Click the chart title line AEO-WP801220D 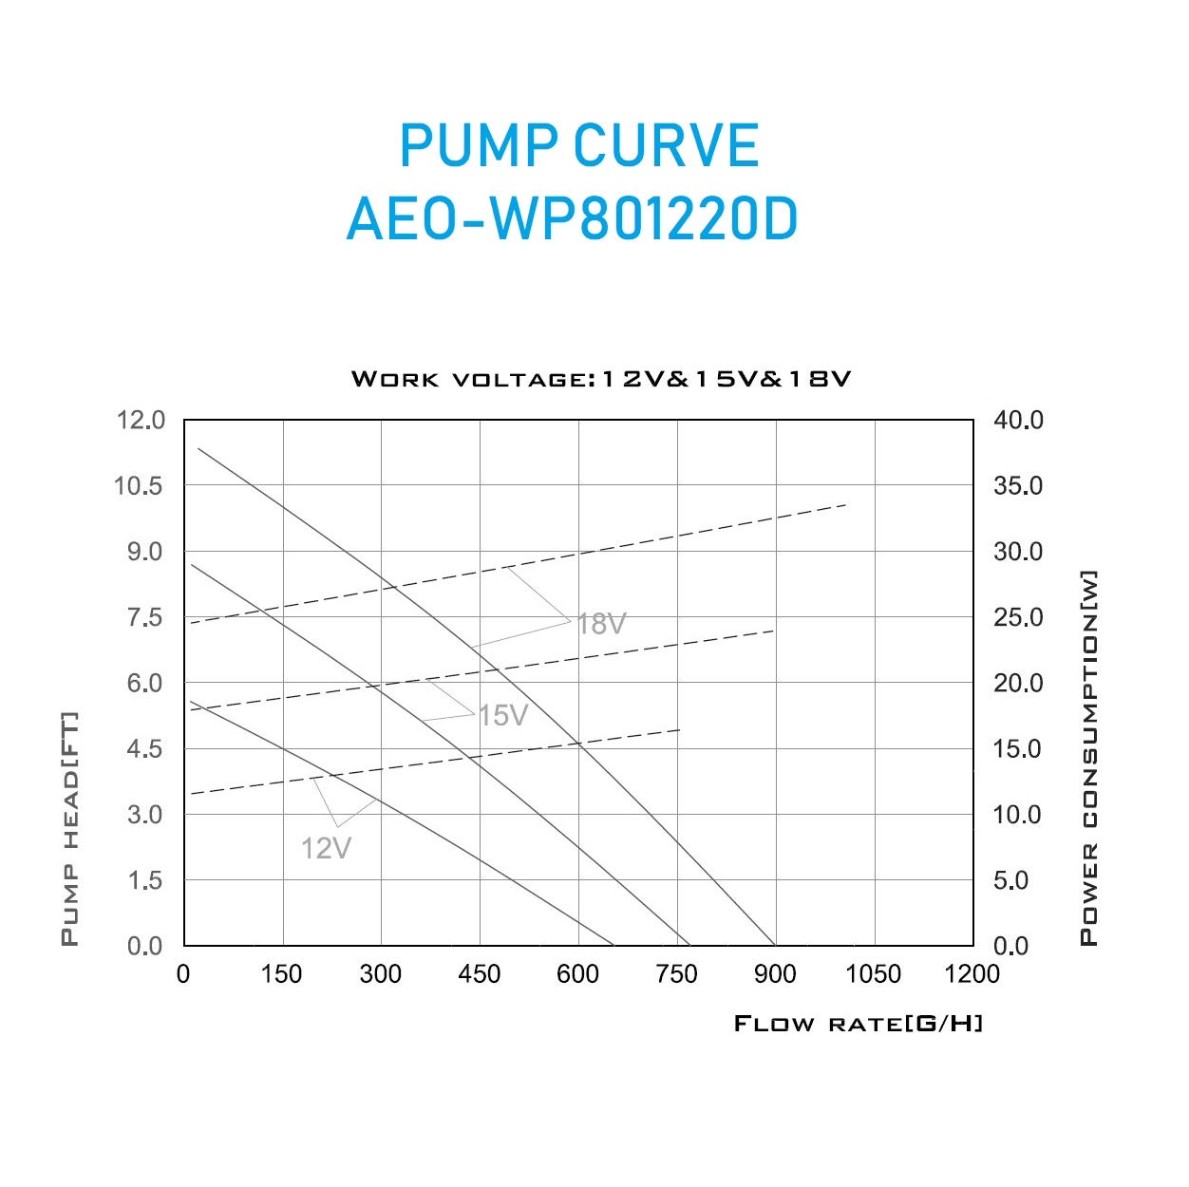pyautogui.click(x=572, y=220)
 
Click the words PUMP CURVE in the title pyautogui.click(x=578, y=145)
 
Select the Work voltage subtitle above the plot pyautogui.click(x=601, y=379)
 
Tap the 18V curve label pyautogui.click(x=602, y=624)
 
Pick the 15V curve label pyautogui.click(x=502, y=715)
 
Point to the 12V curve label pyautogui.click(x=326, y=848)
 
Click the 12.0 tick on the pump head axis pyautogui.click(x=140, y=420)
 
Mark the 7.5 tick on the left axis pyautogui.click(x=144, y=617)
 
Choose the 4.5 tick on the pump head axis pyautogui.click(x=144, y=748)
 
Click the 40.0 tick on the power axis pyautogui.click(x=1018, y=420)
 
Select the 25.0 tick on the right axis pyautogui.click(x=1018, y=617)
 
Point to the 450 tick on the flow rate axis pyautogui.click(x=479, y=973)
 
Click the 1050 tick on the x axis pyautogui.click(x=874, y=973)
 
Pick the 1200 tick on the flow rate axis pyautogui.click(x=972, y=973)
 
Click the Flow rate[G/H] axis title pyautogui.click(x=859, y=1024)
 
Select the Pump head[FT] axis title pyautogui.click(x=69, y=829)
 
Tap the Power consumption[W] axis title pyautogui.click(x=1089, y=758)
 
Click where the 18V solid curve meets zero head pyautogui.click(x=775, y=945)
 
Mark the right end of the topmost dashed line pyautogui.click(x=845, y=505)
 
